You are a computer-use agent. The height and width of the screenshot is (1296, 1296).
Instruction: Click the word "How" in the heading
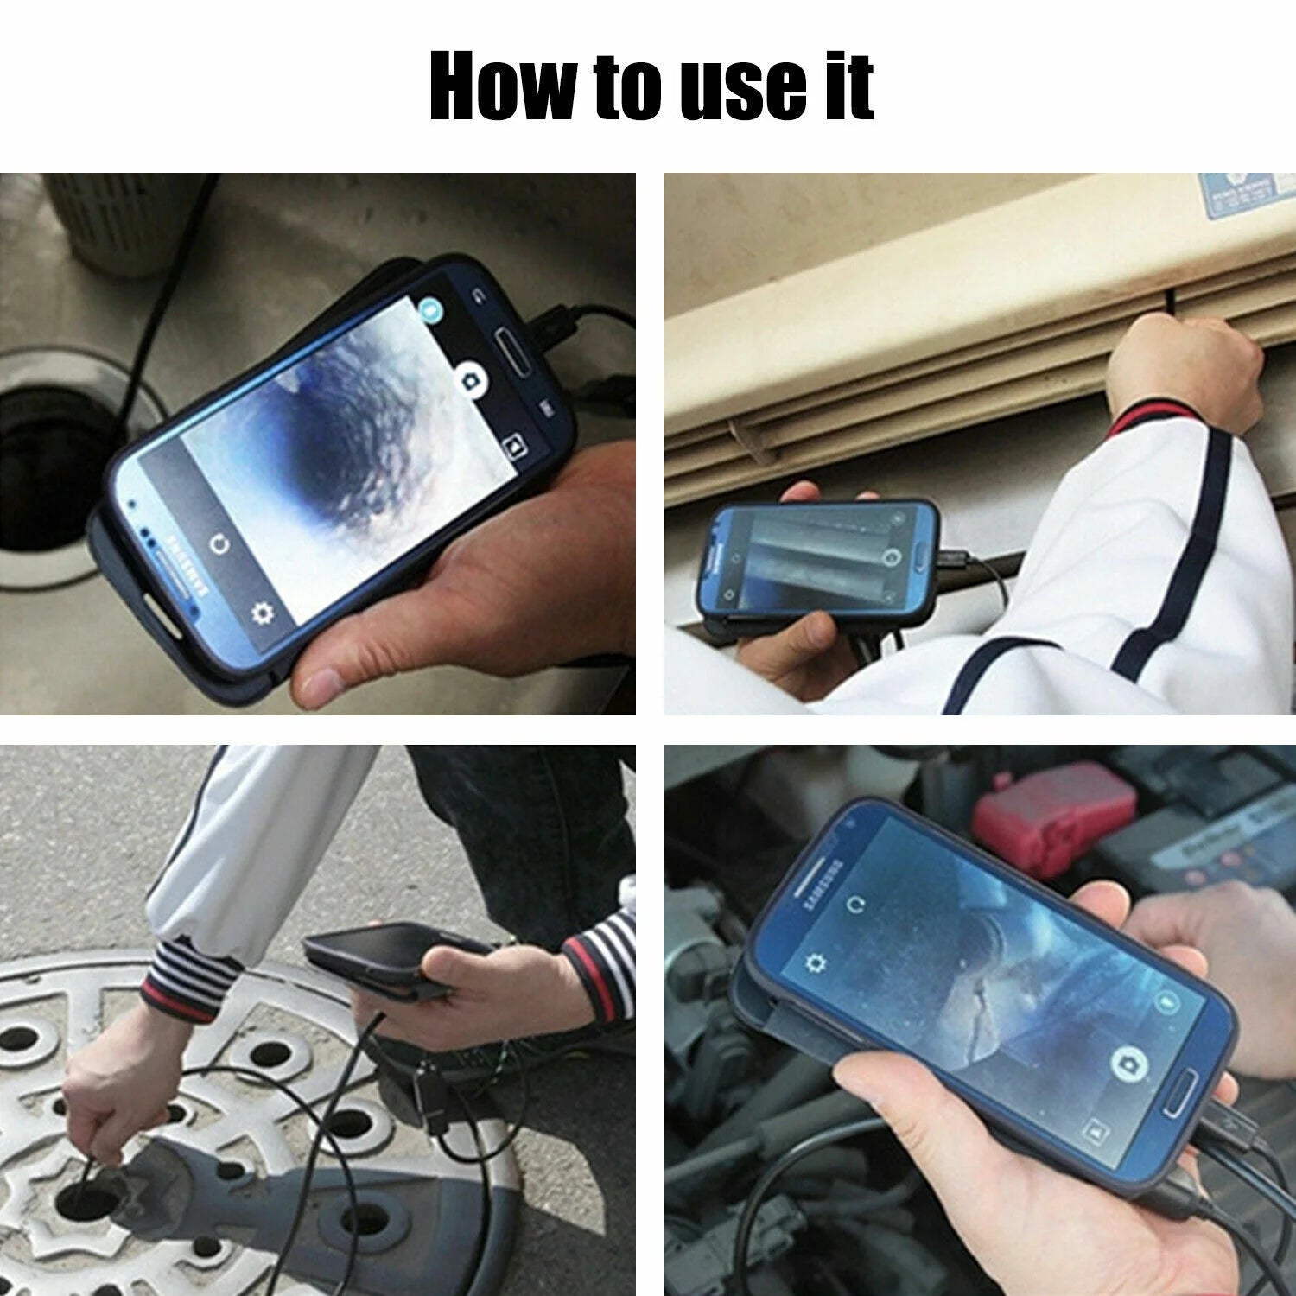pos(501,86)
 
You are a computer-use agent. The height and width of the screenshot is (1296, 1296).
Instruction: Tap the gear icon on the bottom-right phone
pos(814,962)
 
